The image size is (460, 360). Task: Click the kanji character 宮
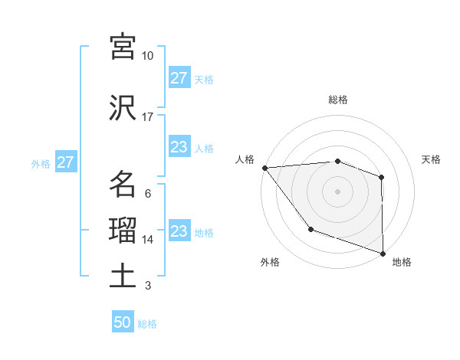click(123, 47)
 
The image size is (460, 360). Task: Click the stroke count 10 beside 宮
click(148, 56)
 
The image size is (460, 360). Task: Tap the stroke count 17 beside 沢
click(148, 117)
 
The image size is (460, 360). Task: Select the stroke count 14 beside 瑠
click(148, 240)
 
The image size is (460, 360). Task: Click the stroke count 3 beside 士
click(148, 286)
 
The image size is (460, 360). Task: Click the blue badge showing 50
click(123, 322)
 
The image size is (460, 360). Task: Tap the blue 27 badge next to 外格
click(65, 162)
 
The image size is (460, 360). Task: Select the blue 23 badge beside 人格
click(179, 147)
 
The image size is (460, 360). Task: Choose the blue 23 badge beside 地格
click(179, 231)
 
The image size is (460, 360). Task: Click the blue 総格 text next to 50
click(147, 324)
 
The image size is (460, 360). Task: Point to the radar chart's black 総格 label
click(338, 100)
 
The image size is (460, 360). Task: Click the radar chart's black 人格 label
click(245, 159)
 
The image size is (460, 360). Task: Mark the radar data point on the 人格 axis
click(264, 168)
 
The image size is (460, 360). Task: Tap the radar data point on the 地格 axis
click(383, 253)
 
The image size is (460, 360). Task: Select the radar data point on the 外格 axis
click(310, 229)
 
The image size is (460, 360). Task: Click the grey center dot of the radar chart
click(338, 191)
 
